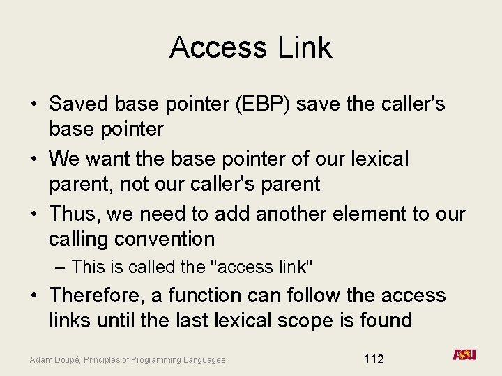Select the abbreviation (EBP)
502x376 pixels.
[260, 104]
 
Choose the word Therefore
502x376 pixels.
[98, 295]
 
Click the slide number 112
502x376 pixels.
[374, 359]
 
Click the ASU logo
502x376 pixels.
[464, 354]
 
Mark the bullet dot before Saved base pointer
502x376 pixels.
[33, 105]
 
